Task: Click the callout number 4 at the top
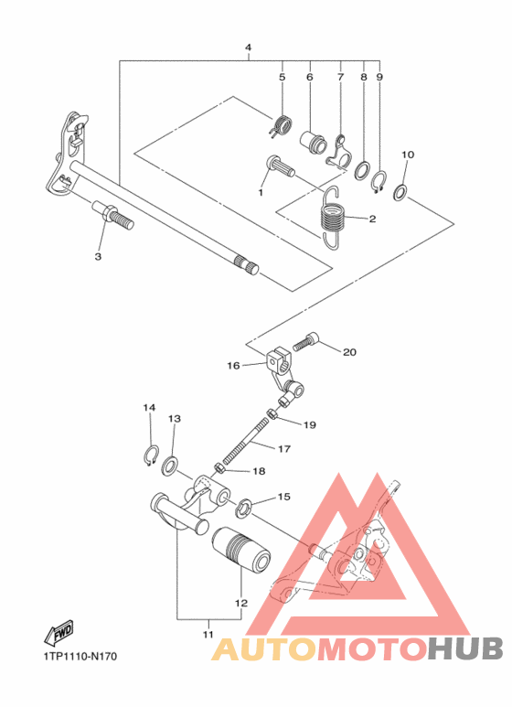[x=248, y=47]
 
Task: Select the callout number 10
[x=408, y=155]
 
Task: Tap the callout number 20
[x=350, y=351]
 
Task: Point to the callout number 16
[x=233, y=365]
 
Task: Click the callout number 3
[x=98, y=257]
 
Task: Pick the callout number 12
[x=241, y=604]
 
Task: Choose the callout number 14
[x=149, y=407]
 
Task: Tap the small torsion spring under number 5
[x=282, y=122]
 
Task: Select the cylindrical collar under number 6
[x=314, y=143]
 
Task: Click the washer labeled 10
[x=400, y=193]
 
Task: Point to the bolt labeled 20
[x=305, y=344]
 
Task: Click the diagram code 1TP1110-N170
[x=79, y=656]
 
